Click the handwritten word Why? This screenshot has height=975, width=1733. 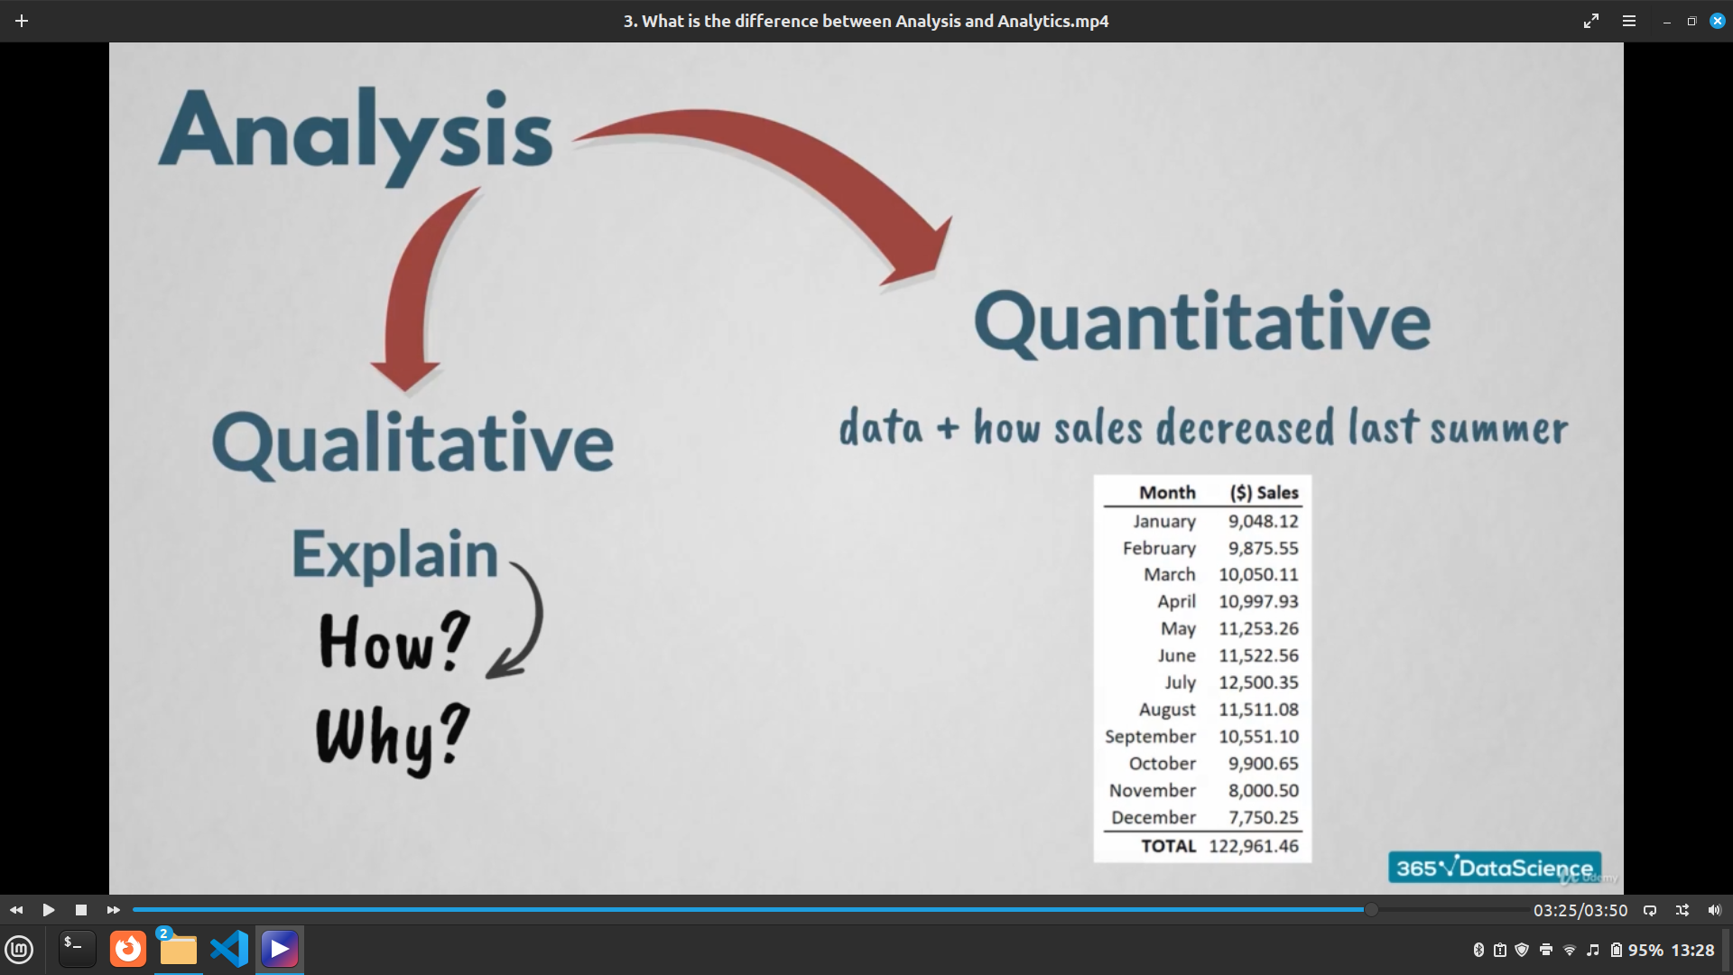(x=393, y=738)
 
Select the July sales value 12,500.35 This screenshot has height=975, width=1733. (x=1258, y=682)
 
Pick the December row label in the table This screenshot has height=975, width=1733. (x=1153, y=817)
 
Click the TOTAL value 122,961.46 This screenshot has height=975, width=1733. (x=1254, y=846)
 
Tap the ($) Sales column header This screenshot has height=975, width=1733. (x=1264, y=493)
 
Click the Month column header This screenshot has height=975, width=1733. (x=1167, y=493)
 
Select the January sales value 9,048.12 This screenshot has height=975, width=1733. (x=1263, y=521)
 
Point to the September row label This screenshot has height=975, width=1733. (x=1150, y=737)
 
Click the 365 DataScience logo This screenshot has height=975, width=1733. (x=1495, y=868)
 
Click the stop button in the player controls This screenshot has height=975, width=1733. (x=81, y=910)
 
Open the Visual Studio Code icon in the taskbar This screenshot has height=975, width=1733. (x=229, y=949)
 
